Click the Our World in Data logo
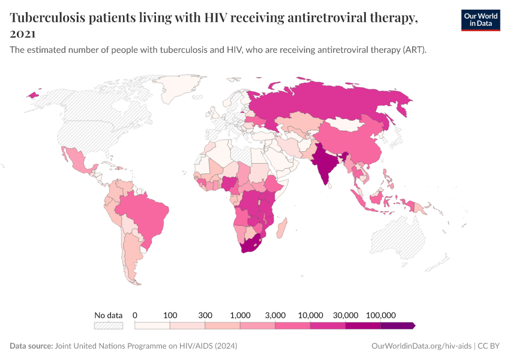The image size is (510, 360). tap(481, 20)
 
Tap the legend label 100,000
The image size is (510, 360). tap(380, 315)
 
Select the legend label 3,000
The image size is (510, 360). tap(275, 315)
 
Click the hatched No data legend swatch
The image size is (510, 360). tap(109, 326)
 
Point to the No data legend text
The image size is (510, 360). tap(109, 315)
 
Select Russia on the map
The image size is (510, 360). tap(336, 102)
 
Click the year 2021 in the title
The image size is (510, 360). tap(23, 34)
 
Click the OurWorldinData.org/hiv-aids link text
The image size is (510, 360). tap(421, 346)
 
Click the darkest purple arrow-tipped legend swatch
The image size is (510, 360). tap(398, 326)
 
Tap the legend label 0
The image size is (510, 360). tap(135, 315)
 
